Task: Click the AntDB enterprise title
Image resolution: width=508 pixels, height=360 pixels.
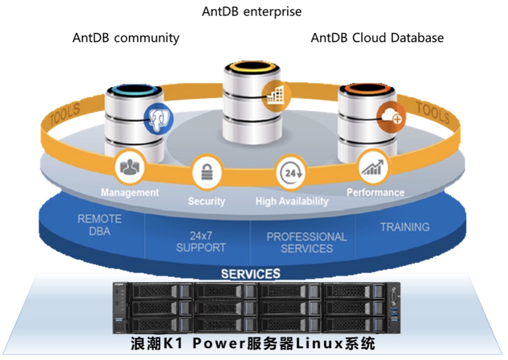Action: pos(251,11)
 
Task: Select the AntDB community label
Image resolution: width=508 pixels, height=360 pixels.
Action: pos(126,38)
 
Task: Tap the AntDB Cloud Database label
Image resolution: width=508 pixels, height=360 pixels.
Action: pos(377,38)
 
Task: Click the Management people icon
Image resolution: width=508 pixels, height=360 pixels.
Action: pos(130,167)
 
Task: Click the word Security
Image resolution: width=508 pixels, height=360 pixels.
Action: pos(207,201)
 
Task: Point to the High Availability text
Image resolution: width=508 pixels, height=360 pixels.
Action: pos(292,201)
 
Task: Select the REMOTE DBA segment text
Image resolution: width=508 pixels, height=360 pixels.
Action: pos(100,225)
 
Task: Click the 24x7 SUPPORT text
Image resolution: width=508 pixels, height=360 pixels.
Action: pos(201,242)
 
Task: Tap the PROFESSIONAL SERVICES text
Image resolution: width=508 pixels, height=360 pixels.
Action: pos(307,242)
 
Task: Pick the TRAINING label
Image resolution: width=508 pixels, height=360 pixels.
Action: pos(404,227)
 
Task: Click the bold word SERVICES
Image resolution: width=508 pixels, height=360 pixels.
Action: pos(251,274)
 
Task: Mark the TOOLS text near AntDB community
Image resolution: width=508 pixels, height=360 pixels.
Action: pos(66,115)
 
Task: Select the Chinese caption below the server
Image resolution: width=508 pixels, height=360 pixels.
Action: pos(253,343)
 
